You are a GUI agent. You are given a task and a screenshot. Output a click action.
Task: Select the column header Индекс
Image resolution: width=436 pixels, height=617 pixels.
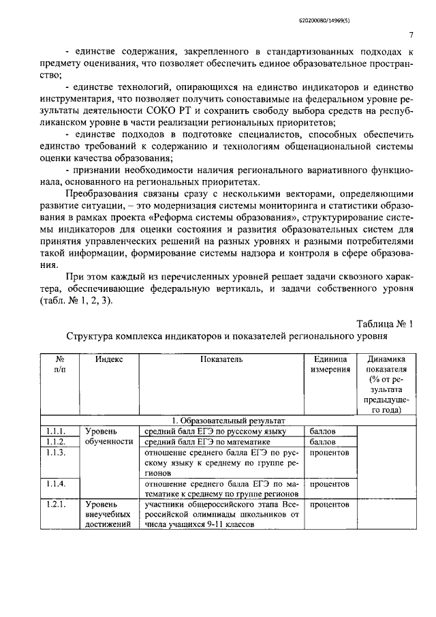109,359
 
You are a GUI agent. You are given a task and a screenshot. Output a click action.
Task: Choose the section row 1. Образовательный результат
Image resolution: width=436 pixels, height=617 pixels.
228,421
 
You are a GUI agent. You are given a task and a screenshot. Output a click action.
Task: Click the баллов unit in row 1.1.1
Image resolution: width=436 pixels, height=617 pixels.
323,432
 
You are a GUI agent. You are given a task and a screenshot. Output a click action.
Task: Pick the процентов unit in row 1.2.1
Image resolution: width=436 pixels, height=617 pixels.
330,505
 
